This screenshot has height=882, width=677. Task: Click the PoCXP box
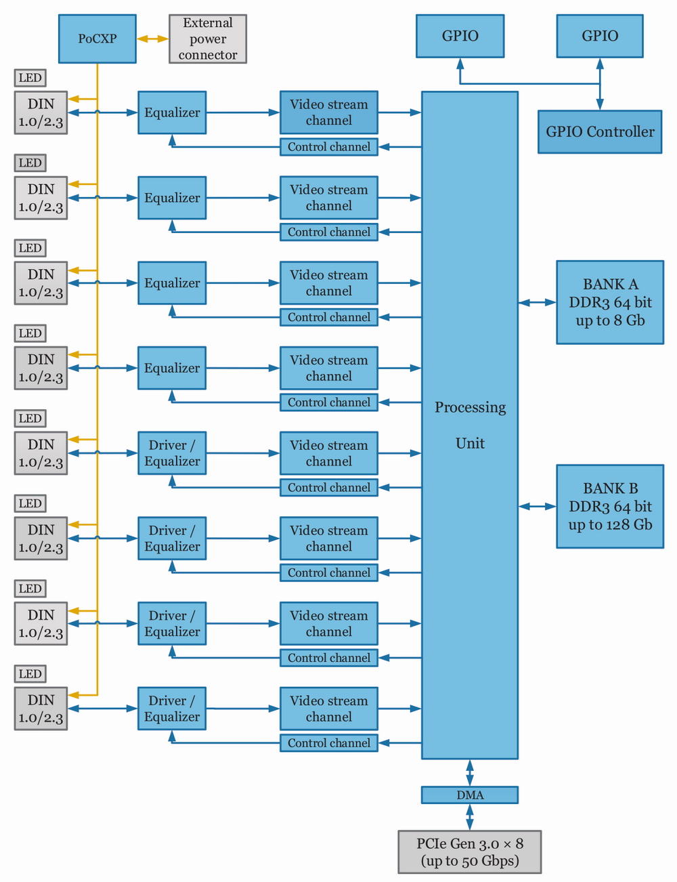[97, 39]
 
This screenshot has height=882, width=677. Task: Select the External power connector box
[207, 39]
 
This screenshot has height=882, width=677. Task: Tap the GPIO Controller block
[600, 132]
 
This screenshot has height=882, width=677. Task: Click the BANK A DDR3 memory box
[610, 302]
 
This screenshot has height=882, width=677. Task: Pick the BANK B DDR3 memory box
[610, 506]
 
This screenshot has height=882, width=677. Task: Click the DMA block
[470, 795]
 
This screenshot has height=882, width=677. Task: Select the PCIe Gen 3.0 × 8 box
[470, 852]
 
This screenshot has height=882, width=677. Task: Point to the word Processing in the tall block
[470, 407]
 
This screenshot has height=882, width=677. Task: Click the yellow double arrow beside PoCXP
[152, 39]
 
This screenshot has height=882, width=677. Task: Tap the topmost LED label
[30, 78]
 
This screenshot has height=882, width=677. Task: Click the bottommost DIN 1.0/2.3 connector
[41, 709]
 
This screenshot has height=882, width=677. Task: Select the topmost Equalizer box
[172, 112]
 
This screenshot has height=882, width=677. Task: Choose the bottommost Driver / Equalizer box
[172, 709]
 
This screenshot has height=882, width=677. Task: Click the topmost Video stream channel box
[329, 112]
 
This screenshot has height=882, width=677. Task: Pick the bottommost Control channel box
[329, 743]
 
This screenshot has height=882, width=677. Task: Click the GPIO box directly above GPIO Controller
[600, 36]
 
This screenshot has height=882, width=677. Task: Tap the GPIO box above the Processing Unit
[460, 36]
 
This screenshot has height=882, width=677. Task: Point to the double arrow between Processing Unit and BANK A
[538, 303]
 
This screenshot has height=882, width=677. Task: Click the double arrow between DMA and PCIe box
[470, 817]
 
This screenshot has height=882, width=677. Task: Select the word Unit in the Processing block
[470, 443]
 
